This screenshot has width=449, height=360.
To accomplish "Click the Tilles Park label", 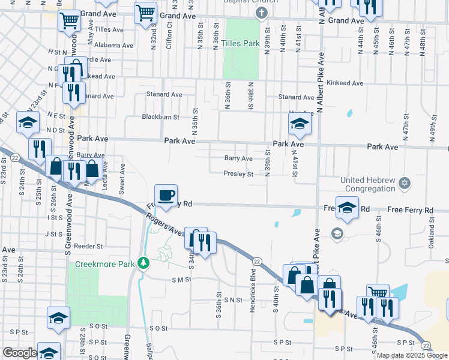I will (x=240, y=43).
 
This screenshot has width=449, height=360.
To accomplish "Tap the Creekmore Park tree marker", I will (x=143, y=263).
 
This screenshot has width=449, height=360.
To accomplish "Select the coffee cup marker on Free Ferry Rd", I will (x=166, y=195).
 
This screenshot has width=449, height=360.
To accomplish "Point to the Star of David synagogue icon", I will (x=405, y=182).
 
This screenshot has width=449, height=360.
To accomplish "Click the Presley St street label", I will (x=239, y=175).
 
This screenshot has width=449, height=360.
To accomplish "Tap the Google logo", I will (x=20, y=353).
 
